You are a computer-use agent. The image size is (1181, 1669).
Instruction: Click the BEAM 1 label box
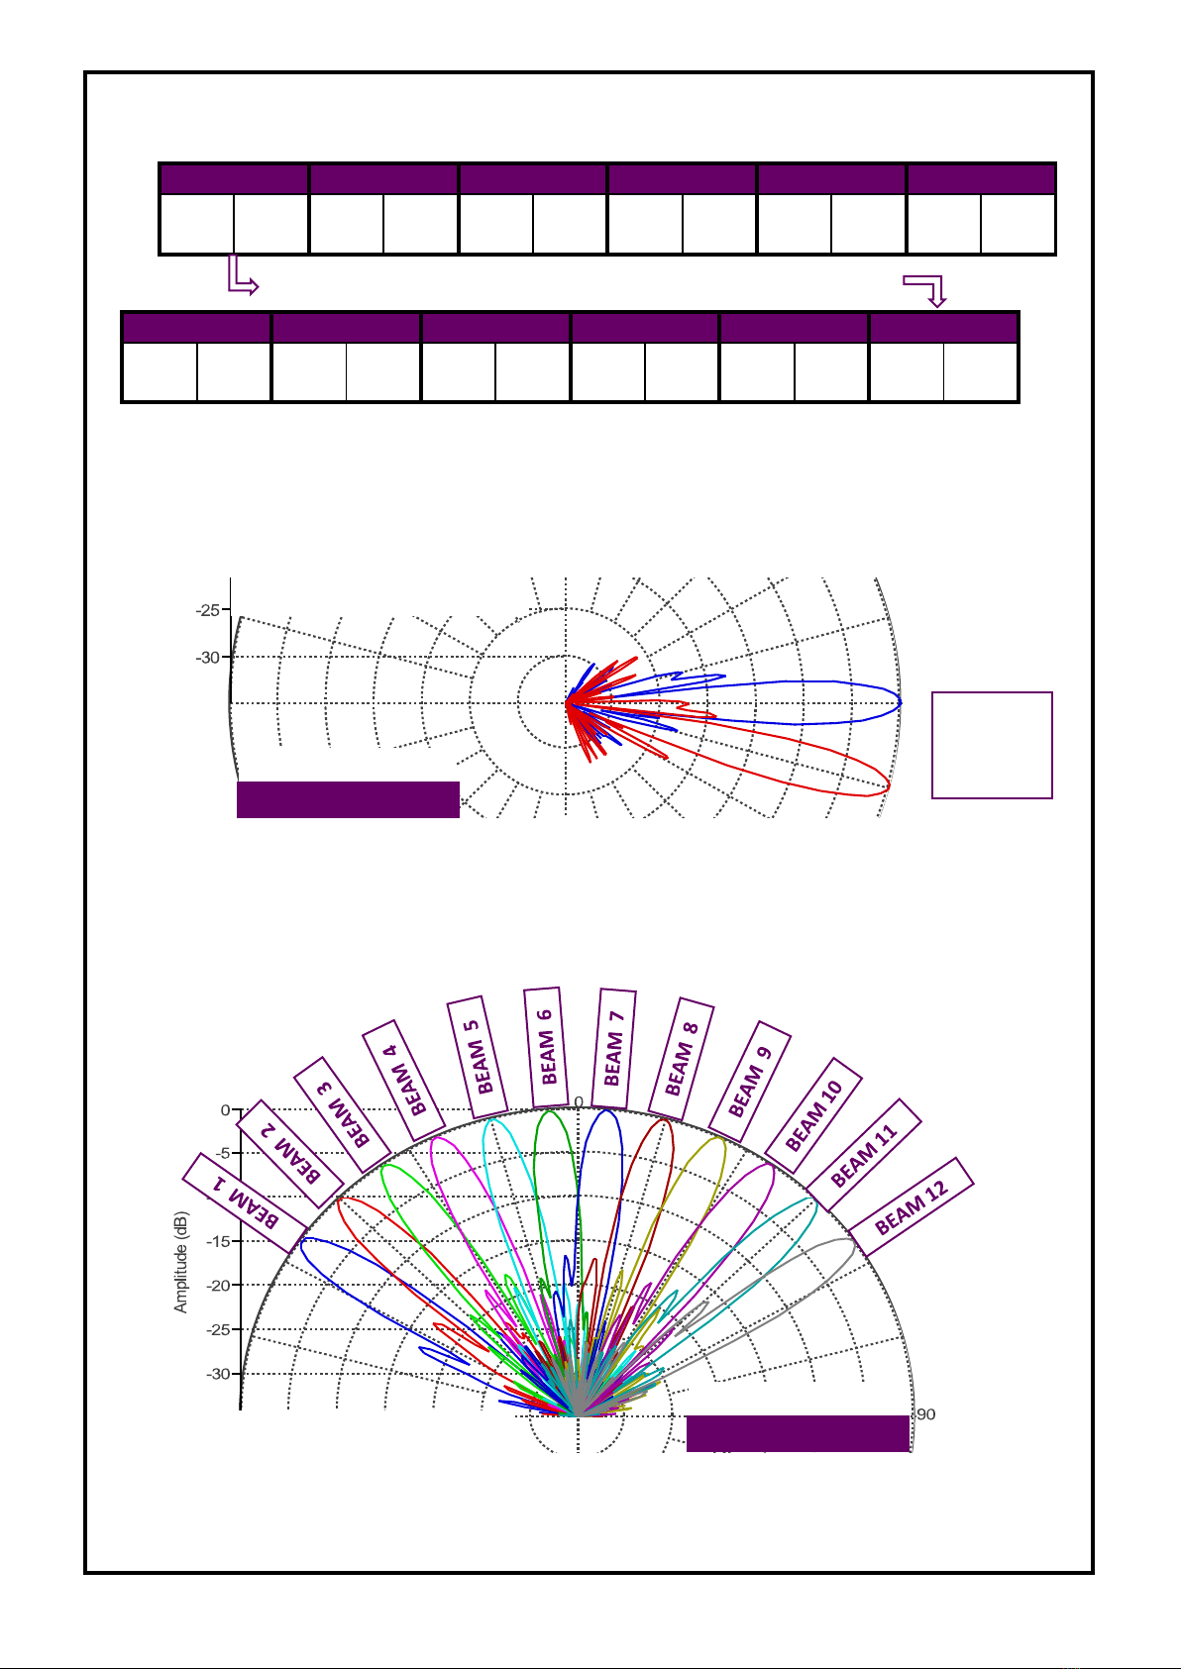click(x=245, y=1203)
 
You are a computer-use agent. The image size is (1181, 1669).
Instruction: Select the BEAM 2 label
click(x=290, y=1153)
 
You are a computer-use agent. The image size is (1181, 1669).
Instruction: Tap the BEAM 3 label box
click(x=343, y=1114)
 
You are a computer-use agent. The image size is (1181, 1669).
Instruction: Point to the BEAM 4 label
click(x=403, y=1081)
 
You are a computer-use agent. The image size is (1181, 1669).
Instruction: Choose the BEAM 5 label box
click(x=477, y=1057)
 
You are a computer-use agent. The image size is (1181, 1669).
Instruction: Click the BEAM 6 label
click(x=546, y=1047)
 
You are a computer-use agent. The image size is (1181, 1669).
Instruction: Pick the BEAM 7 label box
click(x=613, y=1048)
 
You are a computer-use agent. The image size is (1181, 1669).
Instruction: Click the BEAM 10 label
click(x=812, y=1115)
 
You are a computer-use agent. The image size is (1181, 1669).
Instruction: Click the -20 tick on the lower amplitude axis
click(x=220, y=1285)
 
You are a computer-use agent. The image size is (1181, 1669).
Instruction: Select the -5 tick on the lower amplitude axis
click(x=224, y=1153)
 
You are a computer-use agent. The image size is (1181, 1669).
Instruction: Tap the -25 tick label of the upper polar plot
click(x=208, y=610)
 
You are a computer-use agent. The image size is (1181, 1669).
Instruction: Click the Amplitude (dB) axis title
click(x=180, y=1262)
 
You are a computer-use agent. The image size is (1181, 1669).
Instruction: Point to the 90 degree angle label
click(x=926, y=1414)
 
